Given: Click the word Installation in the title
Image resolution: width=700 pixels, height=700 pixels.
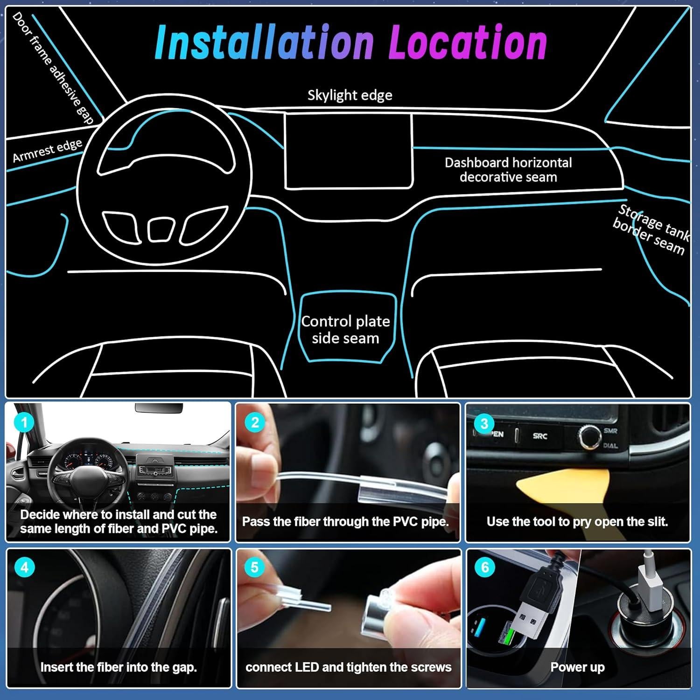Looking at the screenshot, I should [x=264, y=43].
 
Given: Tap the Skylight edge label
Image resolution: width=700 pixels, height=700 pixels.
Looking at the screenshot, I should [x=350, y=95].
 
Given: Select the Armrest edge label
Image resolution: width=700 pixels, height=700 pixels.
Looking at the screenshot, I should [x=47, y=150].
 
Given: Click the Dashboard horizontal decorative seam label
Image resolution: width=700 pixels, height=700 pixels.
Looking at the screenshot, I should [x=508, y=170].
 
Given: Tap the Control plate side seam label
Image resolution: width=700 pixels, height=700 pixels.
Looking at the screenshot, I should [x=345, y=329].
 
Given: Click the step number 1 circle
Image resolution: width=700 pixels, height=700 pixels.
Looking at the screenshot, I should [x=24, y=423].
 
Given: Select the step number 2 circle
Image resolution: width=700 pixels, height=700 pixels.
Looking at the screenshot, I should [x=255, y=423].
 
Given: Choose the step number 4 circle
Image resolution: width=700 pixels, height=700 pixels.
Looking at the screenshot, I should [x=24, y=567].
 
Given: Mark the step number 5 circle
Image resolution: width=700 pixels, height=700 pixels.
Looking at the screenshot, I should [x=255, y=567].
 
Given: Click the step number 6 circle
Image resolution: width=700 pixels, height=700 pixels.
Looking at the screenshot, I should [x=485, y=567].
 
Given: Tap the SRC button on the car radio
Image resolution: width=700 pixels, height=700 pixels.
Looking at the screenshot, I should [x=540, y=436].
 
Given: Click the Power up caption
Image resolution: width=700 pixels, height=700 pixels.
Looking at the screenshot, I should [x=577, y=667].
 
